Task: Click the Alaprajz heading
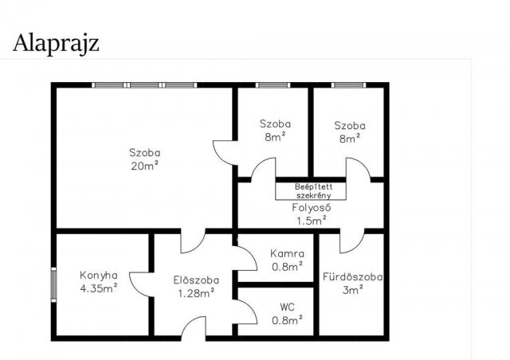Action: [56, 44]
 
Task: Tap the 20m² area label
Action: [144, 166]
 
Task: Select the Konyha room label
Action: [99, 276]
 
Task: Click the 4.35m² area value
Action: [99, 288]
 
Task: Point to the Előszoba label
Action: [196, 280]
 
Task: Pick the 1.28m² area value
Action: [196, 293]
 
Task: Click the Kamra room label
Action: [287, 253]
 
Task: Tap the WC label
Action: [287, 307]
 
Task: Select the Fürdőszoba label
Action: [352, 277]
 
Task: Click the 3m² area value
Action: [352, 290]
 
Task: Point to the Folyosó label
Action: [312, 208]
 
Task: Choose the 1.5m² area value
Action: [312, 221]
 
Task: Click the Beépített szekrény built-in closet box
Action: [311, 191]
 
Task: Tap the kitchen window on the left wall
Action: [53, 285]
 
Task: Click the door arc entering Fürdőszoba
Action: [357, 246]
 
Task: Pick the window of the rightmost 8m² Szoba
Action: [349, 85]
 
